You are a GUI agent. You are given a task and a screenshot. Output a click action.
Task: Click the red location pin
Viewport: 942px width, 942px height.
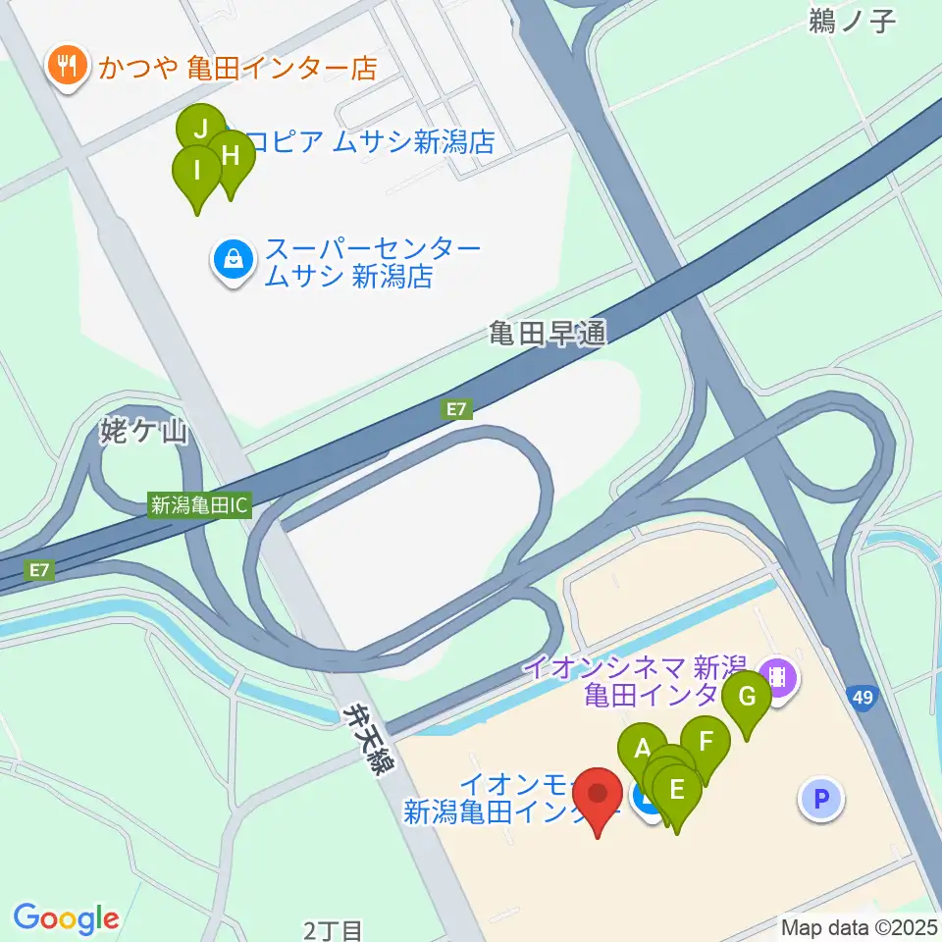(598, 796)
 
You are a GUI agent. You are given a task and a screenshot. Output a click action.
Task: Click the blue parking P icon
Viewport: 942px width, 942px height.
(821, 799)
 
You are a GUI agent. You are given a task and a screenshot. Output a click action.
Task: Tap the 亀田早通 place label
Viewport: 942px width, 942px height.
(548, 335)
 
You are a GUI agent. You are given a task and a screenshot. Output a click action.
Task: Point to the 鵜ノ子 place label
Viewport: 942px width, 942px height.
(852, 21)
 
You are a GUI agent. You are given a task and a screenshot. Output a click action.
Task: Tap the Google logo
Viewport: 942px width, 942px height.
(66, 918)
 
